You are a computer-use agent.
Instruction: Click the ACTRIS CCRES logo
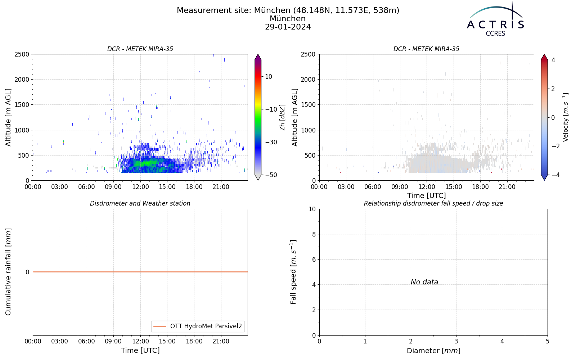click(x=495, y=19)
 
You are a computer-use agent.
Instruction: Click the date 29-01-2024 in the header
click(x=288, y=27)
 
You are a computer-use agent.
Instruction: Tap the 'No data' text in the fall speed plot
click(x=424, y=282)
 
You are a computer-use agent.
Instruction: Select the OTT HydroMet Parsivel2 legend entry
click(x=198, y=326)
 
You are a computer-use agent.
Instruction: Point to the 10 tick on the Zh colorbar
click(x=269, y=77)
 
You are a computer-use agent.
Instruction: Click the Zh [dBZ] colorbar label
click(x=282, y=117)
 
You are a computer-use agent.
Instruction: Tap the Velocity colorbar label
click(x=566, y=117)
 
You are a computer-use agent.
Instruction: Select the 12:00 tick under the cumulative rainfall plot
click(x=140, y=342)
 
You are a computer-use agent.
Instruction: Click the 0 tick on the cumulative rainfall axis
click(x=27, y=272)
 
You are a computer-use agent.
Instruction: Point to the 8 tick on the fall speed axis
click(x=314, y=234)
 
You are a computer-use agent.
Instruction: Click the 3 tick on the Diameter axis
click(x=456, y=342)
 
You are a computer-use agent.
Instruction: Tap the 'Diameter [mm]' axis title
click(x=433, y=351)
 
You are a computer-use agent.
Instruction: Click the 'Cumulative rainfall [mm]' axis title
click(x=8, y=272)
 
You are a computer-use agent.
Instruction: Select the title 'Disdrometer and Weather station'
click(x=140, y=203)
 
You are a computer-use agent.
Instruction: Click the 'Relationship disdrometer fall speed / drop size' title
click(x=433, y=203)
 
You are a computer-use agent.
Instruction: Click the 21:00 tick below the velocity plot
click(x=507, y=187)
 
